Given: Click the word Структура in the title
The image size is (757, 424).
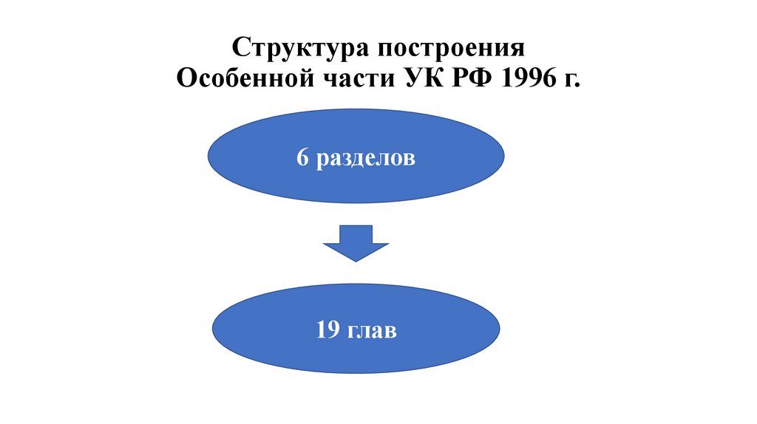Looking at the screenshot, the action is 299,49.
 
